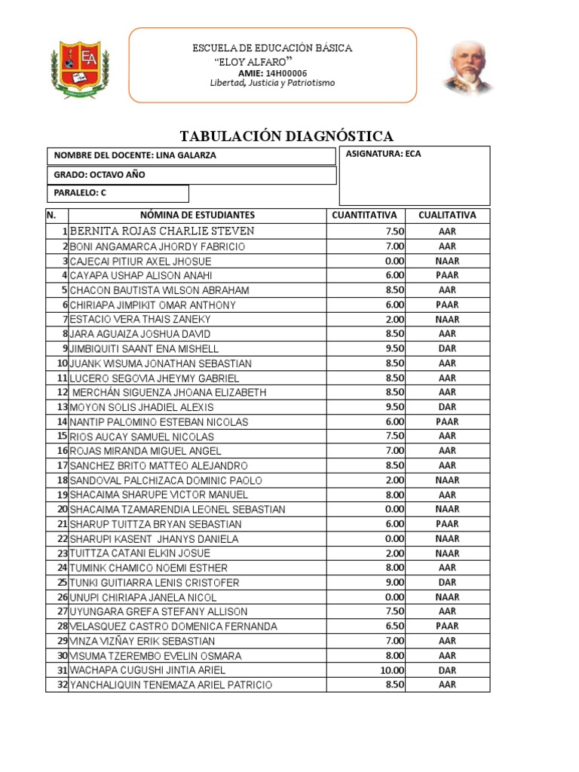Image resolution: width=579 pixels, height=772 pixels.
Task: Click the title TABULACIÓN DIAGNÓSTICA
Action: (x=286, y=136)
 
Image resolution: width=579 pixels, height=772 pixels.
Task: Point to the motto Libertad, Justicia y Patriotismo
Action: (x=272, y=83)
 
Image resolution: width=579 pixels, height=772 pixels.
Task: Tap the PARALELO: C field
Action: (x=80, y=193)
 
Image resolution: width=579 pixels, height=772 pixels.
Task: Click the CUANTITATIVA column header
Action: (x=363, y=215)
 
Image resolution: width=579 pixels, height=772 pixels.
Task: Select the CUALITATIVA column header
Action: (x=447, y=215)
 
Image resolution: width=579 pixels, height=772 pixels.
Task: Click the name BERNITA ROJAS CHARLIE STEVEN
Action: (x=161, y=231)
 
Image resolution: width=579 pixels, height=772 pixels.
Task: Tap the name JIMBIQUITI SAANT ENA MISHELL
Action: (x=144, y=348)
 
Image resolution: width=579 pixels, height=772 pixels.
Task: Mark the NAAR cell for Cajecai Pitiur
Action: (x=447, y=261)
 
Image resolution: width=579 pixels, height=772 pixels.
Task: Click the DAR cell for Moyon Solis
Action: (x=447, y=407)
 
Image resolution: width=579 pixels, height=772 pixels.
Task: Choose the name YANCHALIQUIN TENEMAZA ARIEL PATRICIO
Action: (x=171, y=685)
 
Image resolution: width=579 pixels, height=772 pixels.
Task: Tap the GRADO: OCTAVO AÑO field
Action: (x=100, y=175)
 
